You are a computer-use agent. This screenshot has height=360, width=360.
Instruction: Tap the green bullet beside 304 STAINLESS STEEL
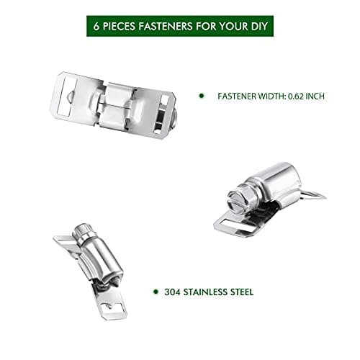pos(155,292)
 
